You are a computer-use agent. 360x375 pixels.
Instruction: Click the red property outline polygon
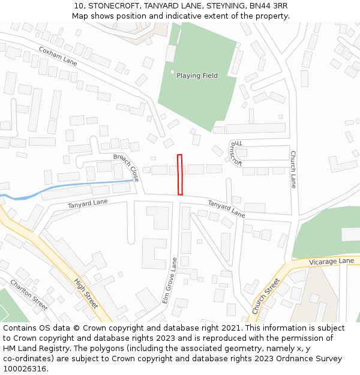click(180, 175)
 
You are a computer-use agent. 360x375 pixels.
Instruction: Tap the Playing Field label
click(197, 76)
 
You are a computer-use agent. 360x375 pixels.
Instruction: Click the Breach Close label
click(126, 167)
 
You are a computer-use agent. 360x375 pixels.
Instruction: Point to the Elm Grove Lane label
click(170, 280)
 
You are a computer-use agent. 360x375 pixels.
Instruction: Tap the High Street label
click(86, 293)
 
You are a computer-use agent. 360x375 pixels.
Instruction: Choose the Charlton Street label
click(29, 295)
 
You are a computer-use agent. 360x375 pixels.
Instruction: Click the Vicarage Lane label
click(331, 262)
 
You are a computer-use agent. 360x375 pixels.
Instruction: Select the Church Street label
click(266, 296)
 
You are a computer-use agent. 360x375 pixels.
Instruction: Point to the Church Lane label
click(293, 169)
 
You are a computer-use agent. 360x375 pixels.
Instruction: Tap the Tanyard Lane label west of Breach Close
click(88, 203)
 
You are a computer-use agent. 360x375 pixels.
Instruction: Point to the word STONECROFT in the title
click(114, 5)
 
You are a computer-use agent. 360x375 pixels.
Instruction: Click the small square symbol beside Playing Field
click(172, 73)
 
